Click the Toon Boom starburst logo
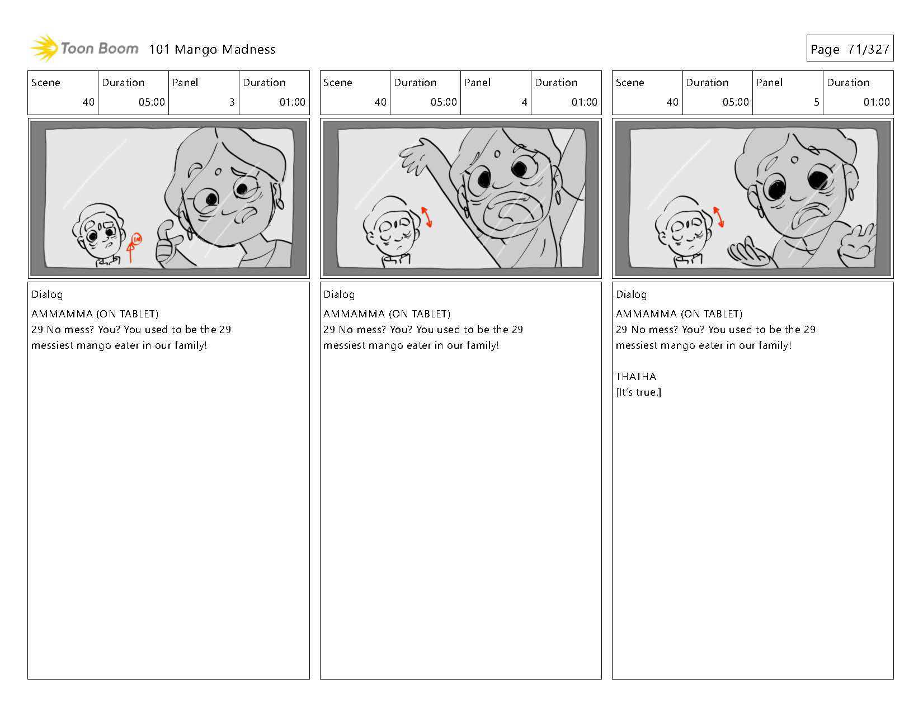pyautogui.click(x=44, y=48)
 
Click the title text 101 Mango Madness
pyautogui.click(x=212, y=50)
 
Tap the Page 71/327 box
pyautogui.click(x=850, y=48)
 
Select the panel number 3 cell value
pyautogui.click(x=232, y=102)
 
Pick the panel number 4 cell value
pyautogui.click(x=524, y=102)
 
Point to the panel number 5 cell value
pyautogui.click(x=816, y=102)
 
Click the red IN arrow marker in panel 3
pyautogui.click(x=134, y=248)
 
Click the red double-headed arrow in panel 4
pyautogui.click(x=426, y=217)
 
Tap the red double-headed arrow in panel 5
pyautogui.click(x=718, y=217)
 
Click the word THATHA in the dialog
pyautogui.click(x=636, y=376)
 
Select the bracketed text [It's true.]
pyautogui.click(x=638, y=392)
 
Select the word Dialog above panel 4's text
pyautogui.click(x=338, y=294)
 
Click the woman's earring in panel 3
pyautogui.click(x=280, y=203)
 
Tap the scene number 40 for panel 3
pyautogui.click(x=88, y=102)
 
